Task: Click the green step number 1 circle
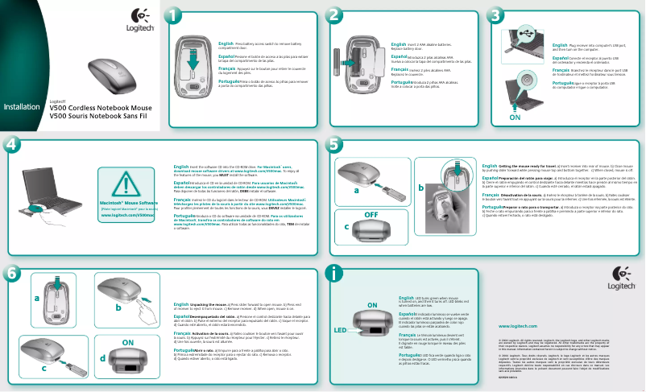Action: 174,15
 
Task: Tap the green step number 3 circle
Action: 496,15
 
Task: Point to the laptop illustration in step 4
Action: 49,193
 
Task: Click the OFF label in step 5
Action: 371,216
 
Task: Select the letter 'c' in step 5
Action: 346,228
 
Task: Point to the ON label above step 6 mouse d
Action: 127,342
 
